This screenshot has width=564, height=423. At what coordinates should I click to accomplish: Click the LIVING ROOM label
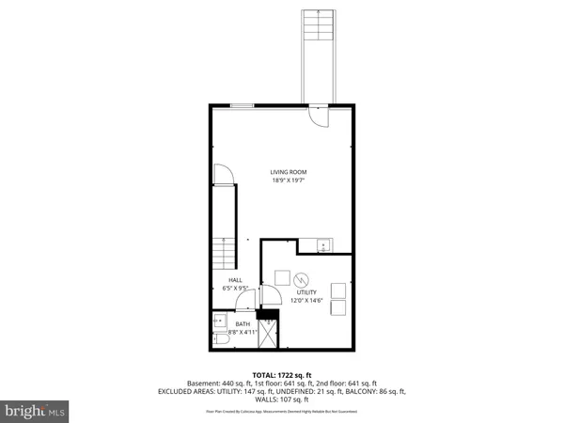[x=289, y=172]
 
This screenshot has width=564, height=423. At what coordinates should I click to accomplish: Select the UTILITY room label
[x=306, y=292]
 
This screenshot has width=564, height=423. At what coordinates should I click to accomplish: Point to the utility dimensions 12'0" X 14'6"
[x=306, y=301]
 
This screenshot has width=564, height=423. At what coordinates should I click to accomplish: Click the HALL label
[x=235, y=280]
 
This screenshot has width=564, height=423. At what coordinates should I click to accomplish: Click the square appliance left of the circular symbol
[x=281, y=276]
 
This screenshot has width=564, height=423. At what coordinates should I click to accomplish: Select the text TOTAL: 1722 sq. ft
[x=281, y=374]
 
